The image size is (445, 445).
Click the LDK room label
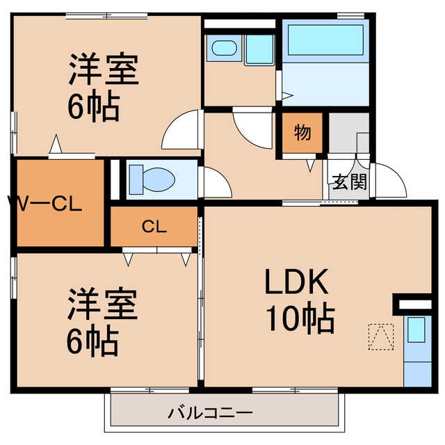297,281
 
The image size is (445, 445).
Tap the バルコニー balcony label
210,413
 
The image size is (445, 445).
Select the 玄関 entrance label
349,181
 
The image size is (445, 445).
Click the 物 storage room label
302,133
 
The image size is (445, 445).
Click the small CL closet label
154,227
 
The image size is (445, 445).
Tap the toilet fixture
152,179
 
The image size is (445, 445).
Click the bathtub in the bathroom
325,40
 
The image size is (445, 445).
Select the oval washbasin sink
224,48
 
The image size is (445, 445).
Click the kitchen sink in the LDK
416,330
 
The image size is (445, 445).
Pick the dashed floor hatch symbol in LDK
381,337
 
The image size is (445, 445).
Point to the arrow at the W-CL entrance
56,144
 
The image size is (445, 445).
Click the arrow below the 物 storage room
310,165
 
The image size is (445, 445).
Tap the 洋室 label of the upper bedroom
104,69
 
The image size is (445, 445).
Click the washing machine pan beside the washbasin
259,49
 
